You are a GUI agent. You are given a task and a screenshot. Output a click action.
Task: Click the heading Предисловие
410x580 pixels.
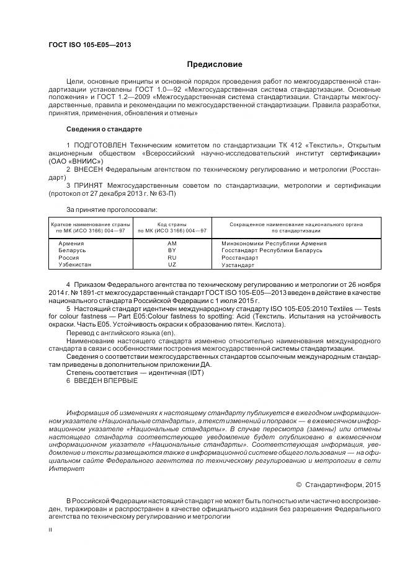pos(215,64)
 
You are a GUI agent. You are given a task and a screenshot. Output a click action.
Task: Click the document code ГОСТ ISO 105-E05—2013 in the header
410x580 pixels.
pos(89,45)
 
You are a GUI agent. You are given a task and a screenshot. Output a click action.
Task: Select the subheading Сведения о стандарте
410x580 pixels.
pos(104,129)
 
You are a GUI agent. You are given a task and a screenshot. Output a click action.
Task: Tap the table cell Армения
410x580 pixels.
pos(72,243)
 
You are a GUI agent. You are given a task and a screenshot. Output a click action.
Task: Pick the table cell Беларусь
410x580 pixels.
pos(72,250)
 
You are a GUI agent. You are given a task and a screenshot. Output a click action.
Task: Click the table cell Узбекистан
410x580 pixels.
pos(74,265)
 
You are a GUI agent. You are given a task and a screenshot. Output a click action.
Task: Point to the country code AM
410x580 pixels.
pos(172,243)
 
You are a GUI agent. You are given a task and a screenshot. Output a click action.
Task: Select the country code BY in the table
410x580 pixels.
pos(172,250)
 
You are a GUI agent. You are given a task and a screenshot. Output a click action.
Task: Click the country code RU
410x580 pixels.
pos(172,257)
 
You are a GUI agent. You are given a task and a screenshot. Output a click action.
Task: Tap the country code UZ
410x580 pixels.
pos(172,265)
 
